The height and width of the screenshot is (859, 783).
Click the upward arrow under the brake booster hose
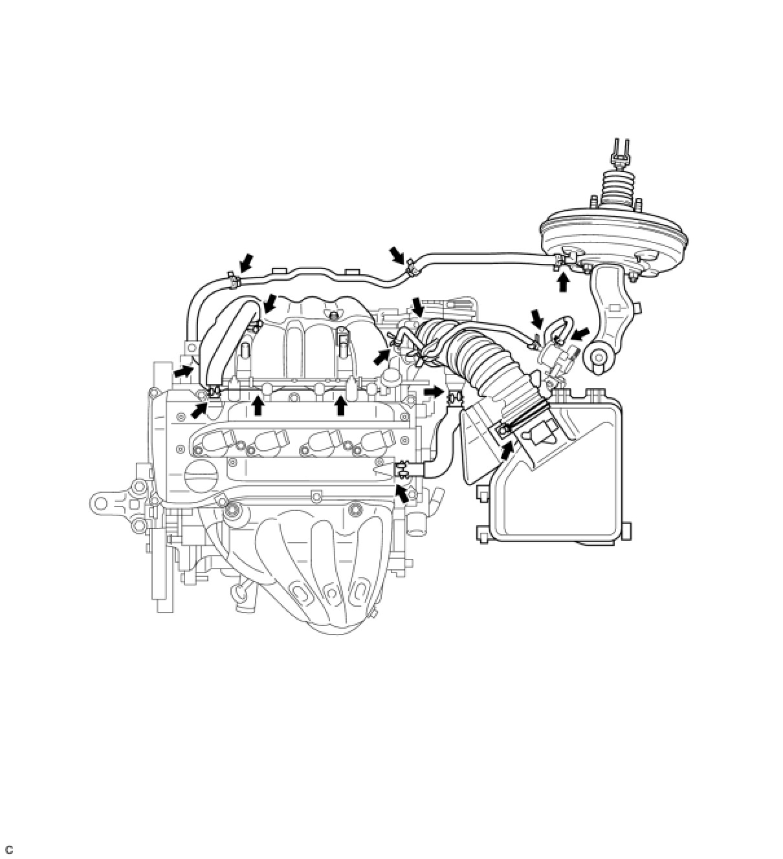564,283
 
